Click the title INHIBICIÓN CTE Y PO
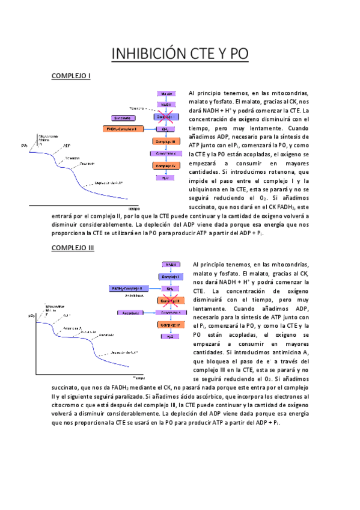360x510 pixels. [180, 55]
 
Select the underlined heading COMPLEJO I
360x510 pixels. [71, 76]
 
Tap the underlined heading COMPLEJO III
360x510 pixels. [73, 248]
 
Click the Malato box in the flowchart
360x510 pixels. [166, 94]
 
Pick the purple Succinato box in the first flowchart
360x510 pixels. [123, 117]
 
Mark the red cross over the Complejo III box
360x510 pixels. [170, 300]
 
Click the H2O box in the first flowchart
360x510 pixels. [166, 177]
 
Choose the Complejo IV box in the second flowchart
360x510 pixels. [170, 325]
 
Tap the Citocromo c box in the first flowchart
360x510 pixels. [166, 153]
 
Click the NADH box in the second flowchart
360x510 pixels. [170, 264]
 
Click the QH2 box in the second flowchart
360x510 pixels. [170, 288]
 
